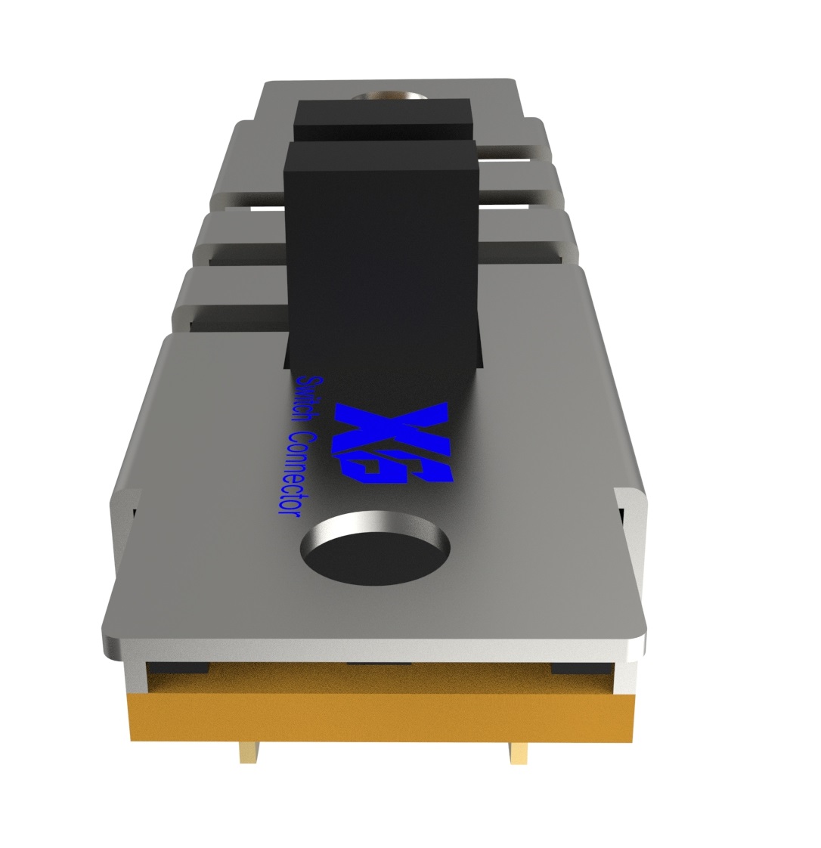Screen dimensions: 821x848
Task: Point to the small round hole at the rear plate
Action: [388, 97]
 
